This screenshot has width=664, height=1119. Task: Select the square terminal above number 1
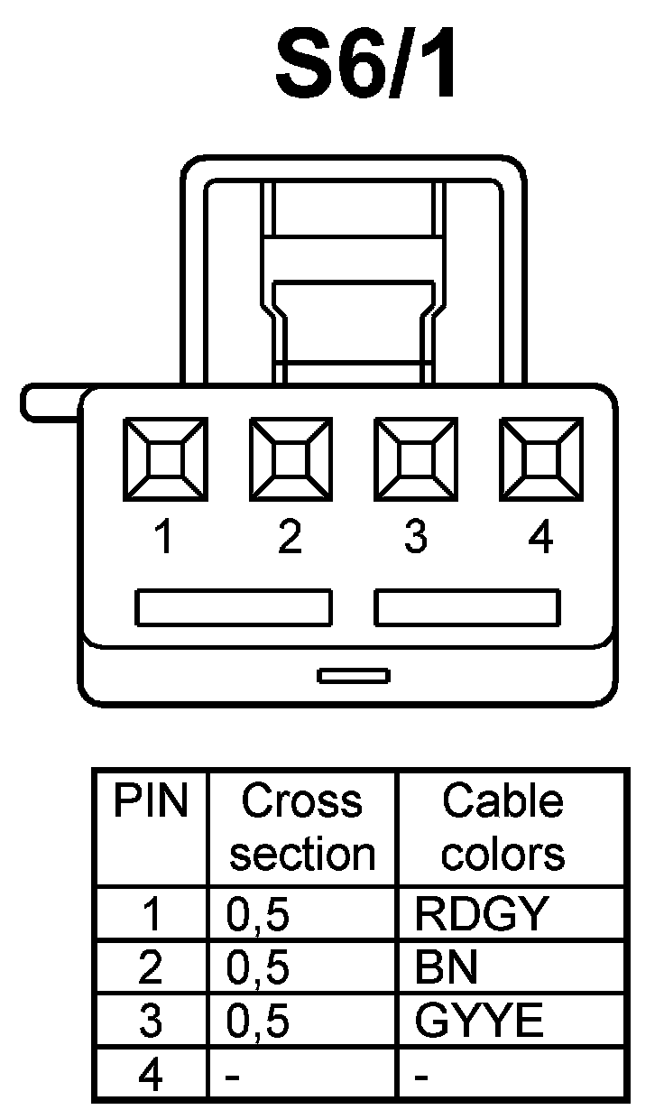pyautogui.click(x=165, y=459)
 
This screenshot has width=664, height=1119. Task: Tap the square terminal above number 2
pyautogui.click(x=290, y=459)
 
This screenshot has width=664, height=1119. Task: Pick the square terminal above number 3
pyautogui.click(x=415, y=459)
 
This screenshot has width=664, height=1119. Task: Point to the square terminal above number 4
pyautogui.click(x=539, y=459)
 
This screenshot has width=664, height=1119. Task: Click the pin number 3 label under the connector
pyautogui.click(x=415, y=539)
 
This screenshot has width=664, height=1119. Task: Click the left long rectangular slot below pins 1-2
pyautogui.click(x=234, y=607)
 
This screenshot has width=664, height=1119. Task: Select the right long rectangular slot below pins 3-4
pyautogui.click(x=467, y=607)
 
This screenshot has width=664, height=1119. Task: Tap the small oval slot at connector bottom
pyautogui.click(x=354, y=675)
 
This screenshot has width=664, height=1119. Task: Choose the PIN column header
pyautogui.click(x=152, y=802)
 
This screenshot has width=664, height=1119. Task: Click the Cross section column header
pyautogui.click(x=302, y=828)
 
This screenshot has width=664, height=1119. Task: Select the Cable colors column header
pyautogui.click(x=503, y=828)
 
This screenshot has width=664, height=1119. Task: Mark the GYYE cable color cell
pyautogui.click(x=480, y=1022)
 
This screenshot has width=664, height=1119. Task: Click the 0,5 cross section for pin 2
pyautogui.click(x=258, y=968)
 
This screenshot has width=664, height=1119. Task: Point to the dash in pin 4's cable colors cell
pyautogui.click(x=421, y=1077)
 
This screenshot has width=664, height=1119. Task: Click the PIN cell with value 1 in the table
pyautogui.click(x=152, y=915)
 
